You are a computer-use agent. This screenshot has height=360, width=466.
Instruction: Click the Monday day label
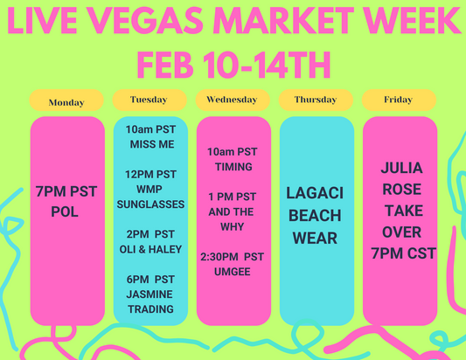pyautogui.click(x=66, y=102)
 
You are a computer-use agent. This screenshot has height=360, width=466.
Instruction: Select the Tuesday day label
pyautogui.click(x=150, y=100)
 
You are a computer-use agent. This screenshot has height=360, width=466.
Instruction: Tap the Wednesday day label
pyautogui.click(x=232, y=100)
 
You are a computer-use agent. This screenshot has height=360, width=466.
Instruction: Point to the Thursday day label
pyautogui.click(x=316, y=100)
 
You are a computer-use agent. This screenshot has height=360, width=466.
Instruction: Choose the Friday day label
pyautogui.click(x=399, y=100)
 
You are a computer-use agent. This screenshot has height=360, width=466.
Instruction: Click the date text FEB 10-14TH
pyautogui.click(x=232, y=64)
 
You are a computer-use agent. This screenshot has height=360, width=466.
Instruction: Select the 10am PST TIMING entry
pyautogui.click(x=232, y=159)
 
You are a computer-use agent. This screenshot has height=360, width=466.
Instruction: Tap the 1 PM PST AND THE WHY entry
pyautogui.click(x=232, y=211)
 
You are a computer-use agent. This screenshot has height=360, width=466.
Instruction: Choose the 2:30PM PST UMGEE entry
pyautogui.click(x=232, y=265)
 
